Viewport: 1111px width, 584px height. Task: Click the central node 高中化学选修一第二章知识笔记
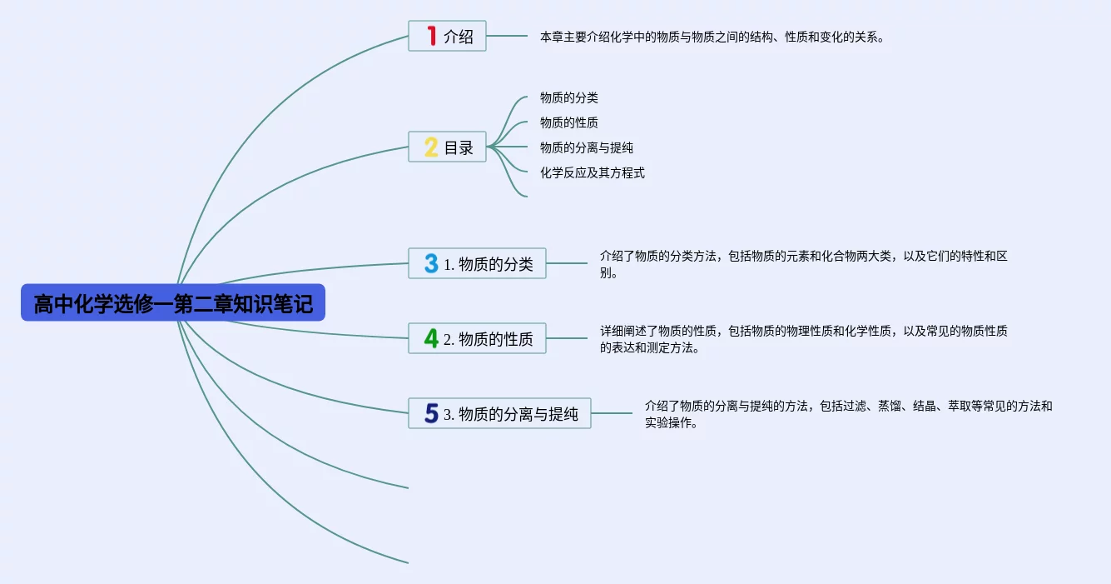pyautogui.click(x=173, y=303)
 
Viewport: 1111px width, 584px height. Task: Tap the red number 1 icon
pyautogui.click(x=431, y=36)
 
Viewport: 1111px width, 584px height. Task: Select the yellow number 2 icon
pyautogui.click(x=431, y=147)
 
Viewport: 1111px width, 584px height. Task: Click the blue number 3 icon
pyautogui.click(x=431, y=264)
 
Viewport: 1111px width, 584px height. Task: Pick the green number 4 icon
pyautogui.click(x=431, y=338)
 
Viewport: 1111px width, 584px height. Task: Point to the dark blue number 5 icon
pyautogui.click(x=431, y=413)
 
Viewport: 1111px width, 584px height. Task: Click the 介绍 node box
pyautogui.click(x=448, y=36)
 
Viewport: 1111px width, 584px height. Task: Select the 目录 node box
pyautogui.click(x=448, y=147)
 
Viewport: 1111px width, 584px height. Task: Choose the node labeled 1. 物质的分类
pyautogui.click(x=477, y=264)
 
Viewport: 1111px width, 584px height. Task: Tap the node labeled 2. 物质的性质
pyautogui.click(x=477, y=339)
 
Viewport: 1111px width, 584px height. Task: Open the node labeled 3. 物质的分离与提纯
pyautogui.click(x=499, y=414)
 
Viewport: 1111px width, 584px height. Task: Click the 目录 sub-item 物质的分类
pyautogui.click(x=569, y=98)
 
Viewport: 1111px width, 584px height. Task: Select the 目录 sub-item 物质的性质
pyautogui.click(x=569, y=123)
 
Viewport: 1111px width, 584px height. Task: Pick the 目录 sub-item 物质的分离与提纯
pyautogui.click(x=587, y=148)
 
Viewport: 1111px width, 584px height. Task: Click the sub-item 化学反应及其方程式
pyautogui.click(x=593, y=173)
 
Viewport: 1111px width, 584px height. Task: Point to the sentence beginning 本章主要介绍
pyautogui.click(x=712, y=37)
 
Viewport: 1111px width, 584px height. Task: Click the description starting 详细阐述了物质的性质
pyautogui.click(x=804, y=339)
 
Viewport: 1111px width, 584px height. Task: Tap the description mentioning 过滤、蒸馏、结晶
pyautogui.click(x=848, y=414)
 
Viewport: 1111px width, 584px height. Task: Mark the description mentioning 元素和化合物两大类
pyautogui.click(x=804, y=264)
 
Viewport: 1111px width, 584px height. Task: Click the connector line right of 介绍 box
pyautogui.click(x=507, y=36)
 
